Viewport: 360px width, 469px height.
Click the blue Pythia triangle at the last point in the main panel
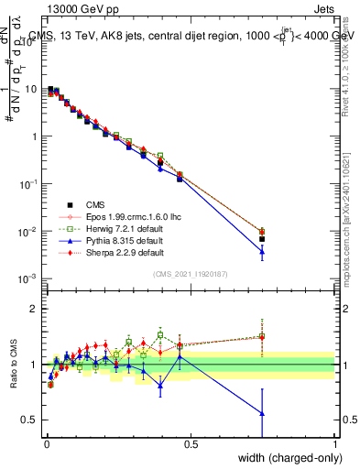click(262, 251)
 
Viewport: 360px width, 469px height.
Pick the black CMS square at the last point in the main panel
click(262, 239)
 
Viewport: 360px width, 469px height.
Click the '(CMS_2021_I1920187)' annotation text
click(190, 274)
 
